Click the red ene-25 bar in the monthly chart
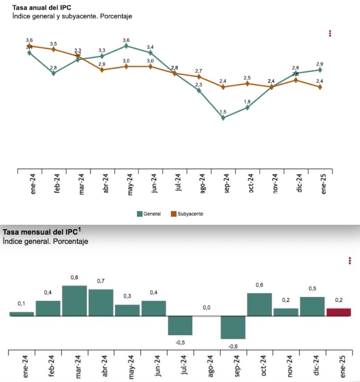pos(338,312)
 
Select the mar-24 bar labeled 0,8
pos(74,300)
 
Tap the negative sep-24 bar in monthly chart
pos(233,327)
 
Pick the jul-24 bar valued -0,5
pos(180,325)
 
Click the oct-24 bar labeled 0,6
pos(259,304)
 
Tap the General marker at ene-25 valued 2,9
pos(320,70)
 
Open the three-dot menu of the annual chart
pos(330,34)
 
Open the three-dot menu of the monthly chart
pos(350,261)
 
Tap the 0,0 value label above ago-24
pos(206,308)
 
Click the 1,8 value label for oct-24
pos(247,102)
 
